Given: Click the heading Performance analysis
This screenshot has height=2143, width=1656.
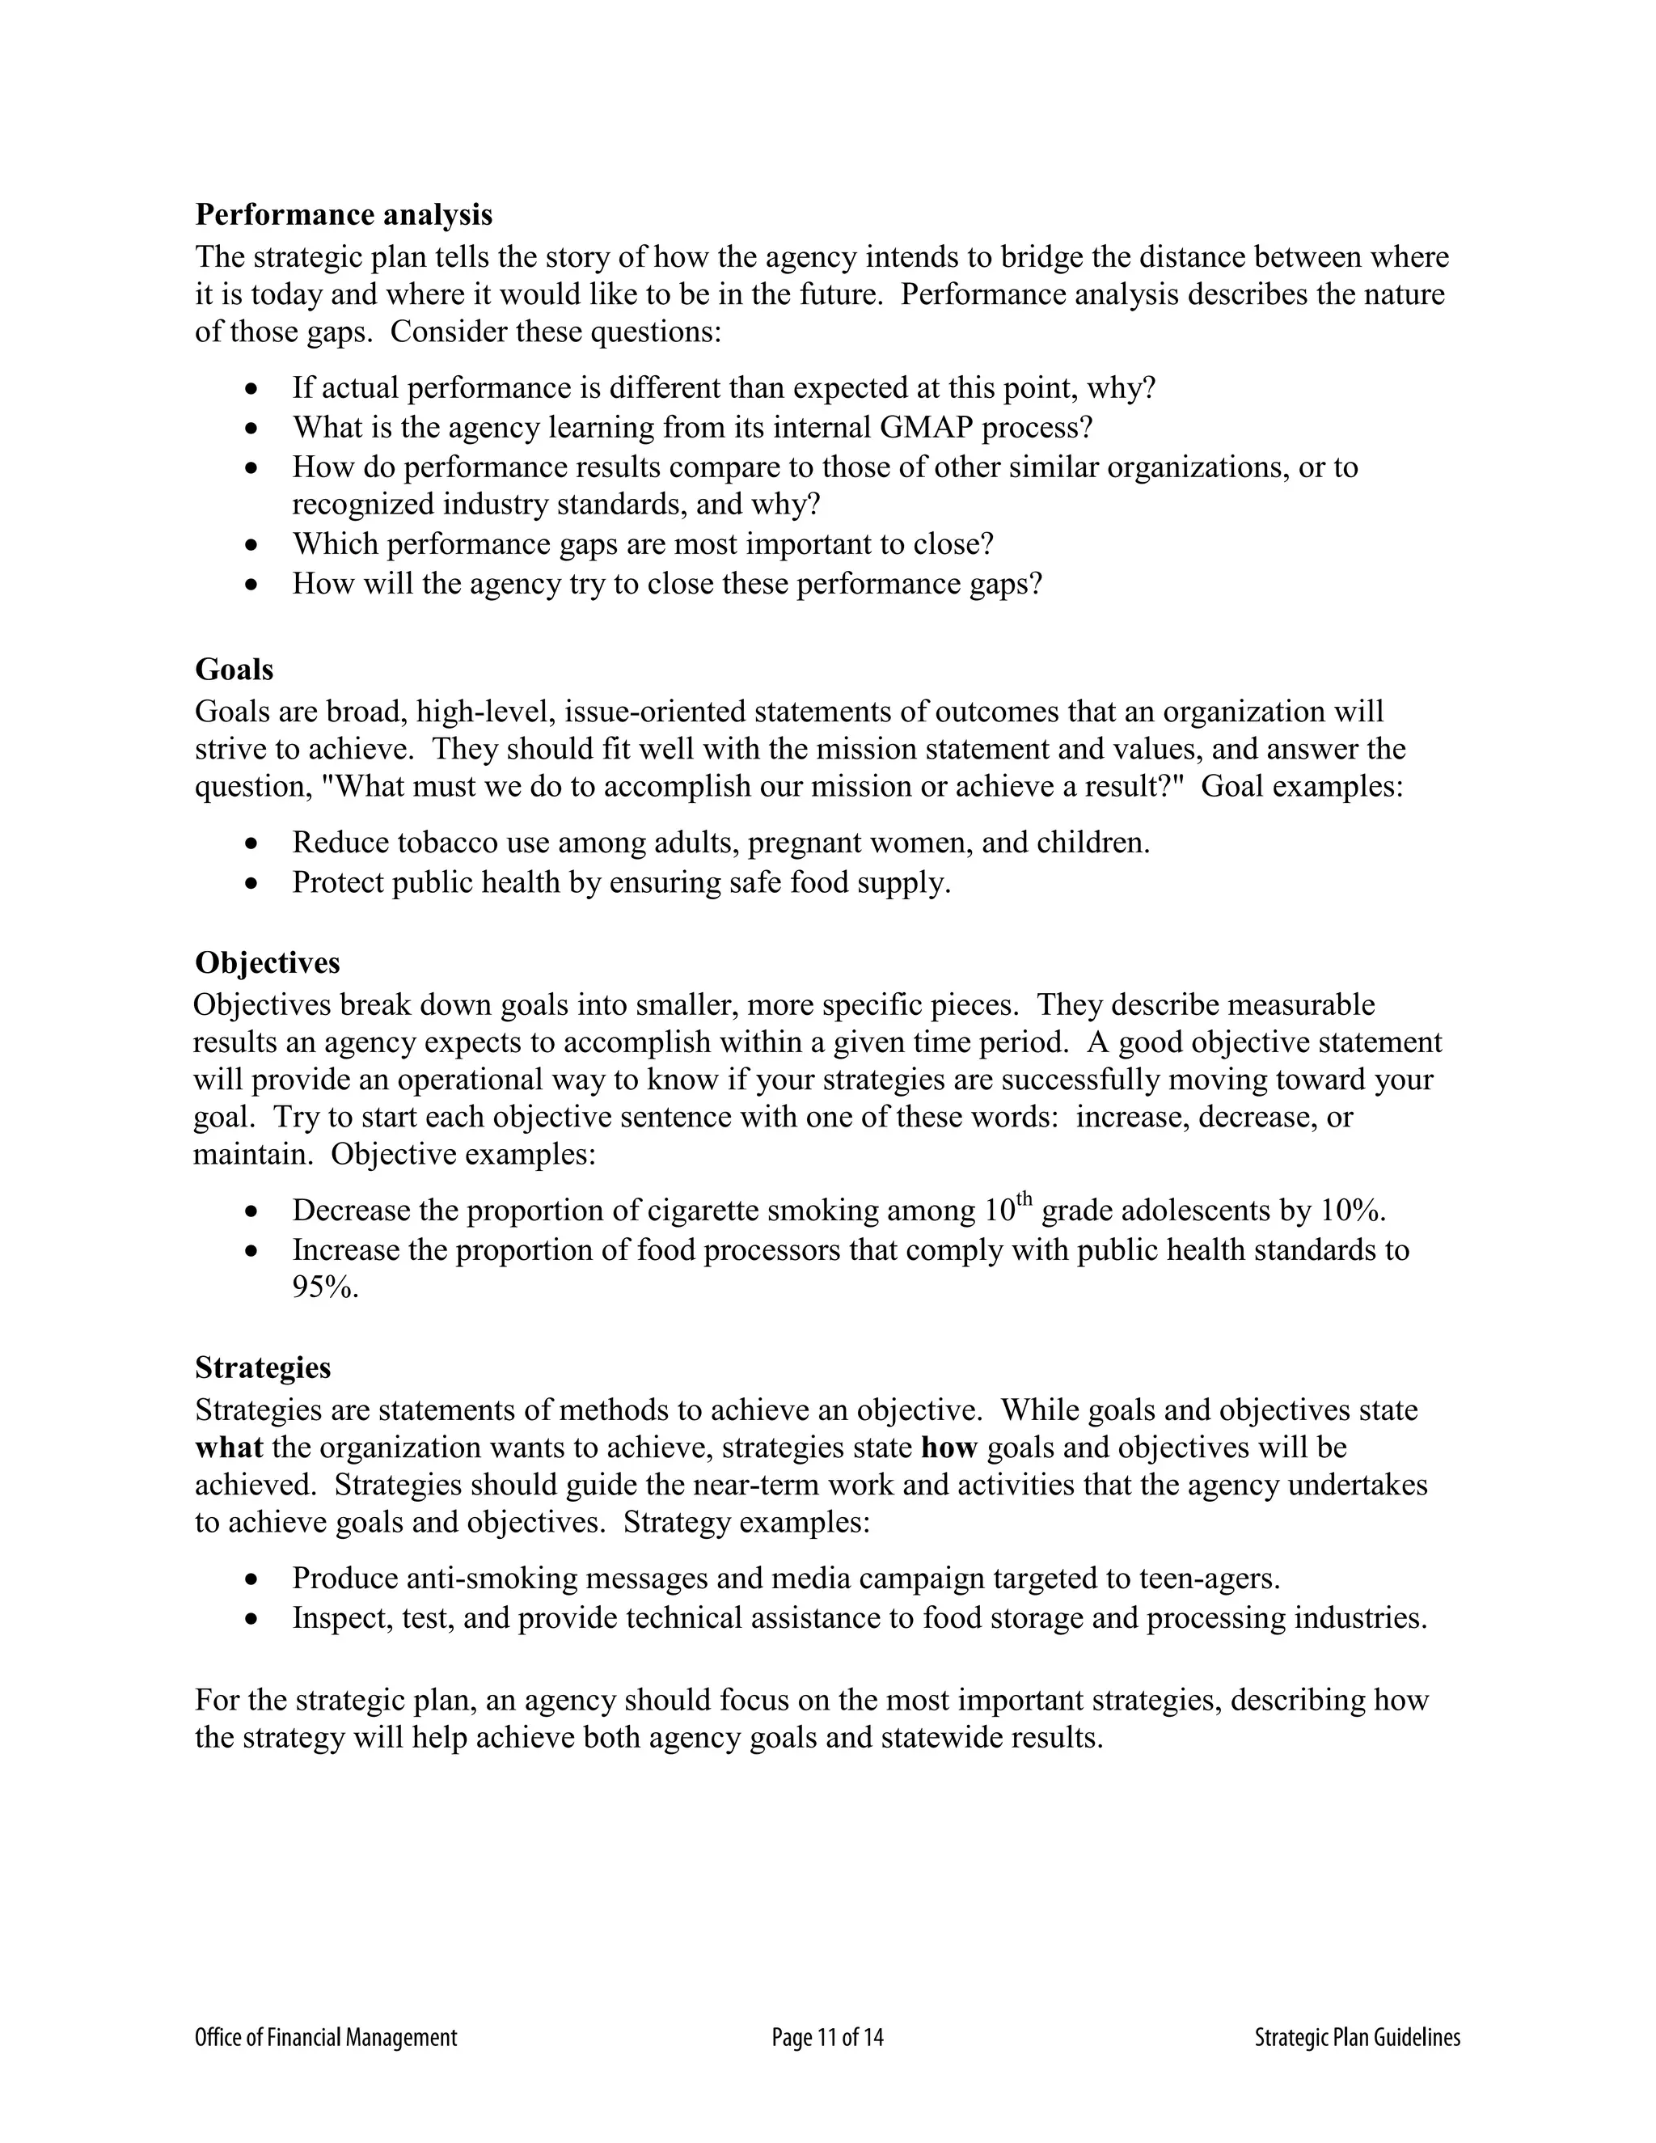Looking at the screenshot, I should coord(344,215).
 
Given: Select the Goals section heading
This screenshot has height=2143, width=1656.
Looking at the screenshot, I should coord(234,670).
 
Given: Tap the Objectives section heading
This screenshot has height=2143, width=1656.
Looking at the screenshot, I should coord(267,962).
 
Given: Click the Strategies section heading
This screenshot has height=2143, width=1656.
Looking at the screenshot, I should coord(262,1367).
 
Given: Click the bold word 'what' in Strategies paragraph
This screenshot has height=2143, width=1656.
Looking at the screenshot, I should coord(229,1448).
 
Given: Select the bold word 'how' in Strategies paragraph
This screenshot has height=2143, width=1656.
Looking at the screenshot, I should coord(948,1448).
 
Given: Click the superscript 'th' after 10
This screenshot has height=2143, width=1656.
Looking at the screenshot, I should coord(1025,1199).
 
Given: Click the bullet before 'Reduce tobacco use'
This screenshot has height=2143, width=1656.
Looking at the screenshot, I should coord(253,843).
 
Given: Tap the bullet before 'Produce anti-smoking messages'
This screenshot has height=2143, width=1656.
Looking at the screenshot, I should coord(253,1580).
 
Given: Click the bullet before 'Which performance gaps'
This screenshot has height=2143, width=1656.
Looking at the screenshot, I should coord(253,544).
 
